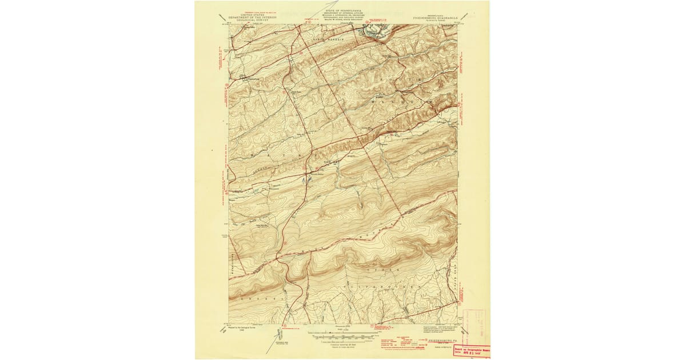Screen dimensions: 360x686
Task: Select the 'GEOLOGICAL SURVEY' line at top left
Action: coord(252,21)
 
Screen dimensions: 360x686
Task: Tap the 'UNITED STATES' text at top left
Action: coord(252,14)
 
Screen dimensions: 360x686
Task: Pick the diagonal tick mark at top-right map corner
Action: coord(464,17)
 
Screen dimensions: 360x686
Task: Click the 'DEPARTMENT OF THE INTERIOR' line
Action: coord(252,17)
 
